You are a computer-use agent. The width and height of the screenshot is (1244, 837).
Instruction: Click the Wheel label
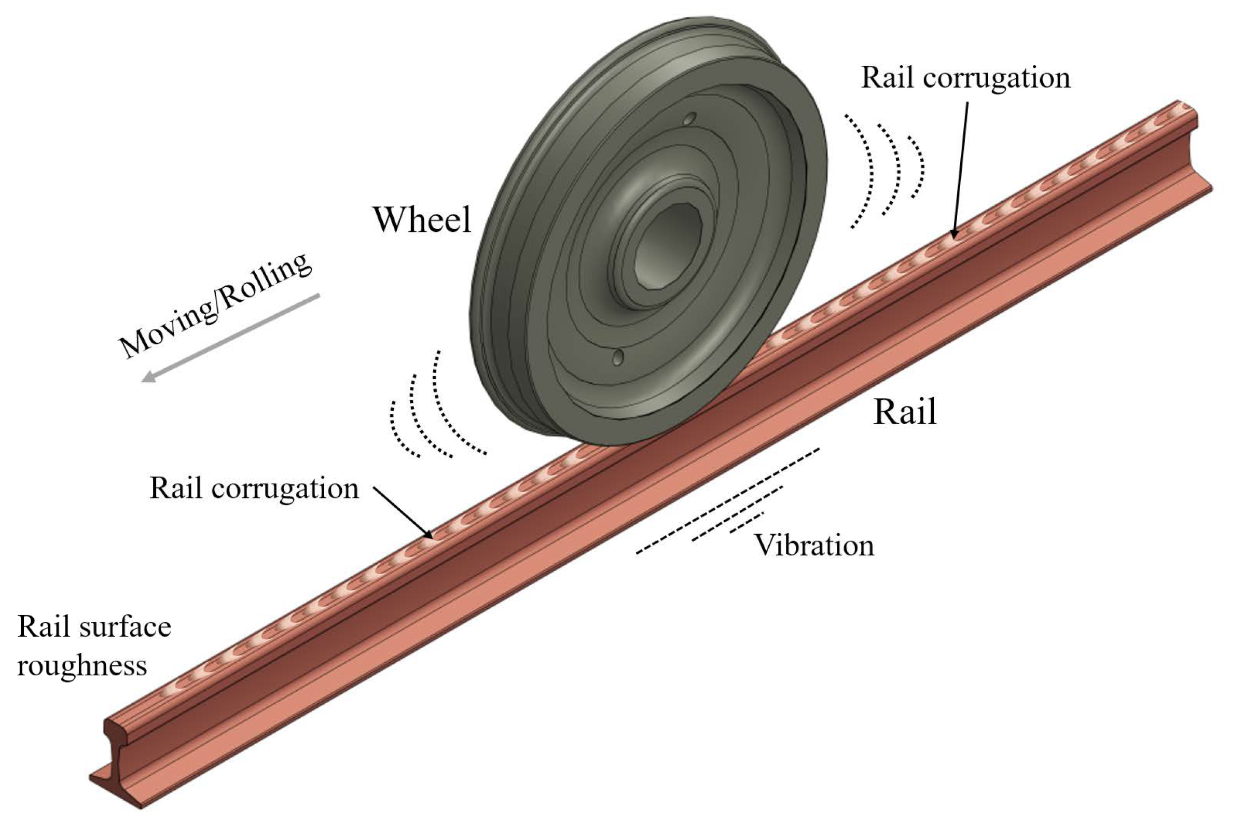(422, 219)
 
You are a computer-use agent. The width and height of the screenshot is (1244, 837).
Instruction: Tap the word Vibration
(813, 546)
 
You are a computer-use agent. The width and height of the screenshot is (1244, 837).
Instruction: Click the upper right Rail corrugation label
(965, 78)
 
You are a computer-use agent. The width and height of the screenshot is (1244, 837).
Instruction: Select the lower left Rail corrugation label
(254, 489)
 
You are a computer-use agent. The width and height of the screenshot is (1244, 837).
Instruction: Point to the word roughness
(81, 666)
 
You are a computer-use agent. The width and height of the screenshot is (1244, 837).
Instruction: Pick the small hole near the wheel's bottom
(618, 357)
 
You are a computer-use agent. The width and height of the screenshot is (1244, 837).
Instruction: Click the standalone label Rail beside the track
(904, 412)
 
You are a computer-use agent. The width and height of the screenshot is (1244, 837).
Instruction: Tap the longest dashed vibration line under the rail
(727, 501)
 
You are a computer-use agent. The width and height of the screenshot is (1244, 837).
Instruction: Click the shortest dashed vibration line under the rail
(747, 522)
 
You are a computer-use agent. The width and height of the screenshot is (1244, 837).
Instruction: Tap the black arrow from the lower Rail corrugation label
(403, 512)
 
